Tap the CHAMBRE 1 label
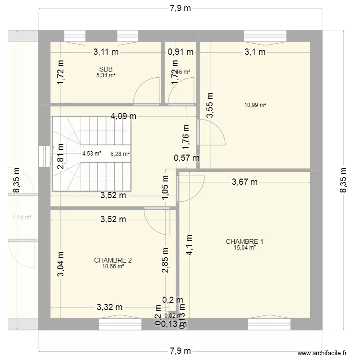[x=244, y=241]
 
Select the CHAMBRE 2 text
[x=113, y=260]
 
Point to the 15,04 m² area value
[x=244, y=248]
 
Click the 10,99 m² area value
[x=255, y=105]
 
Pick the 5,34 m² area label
[x=106, y=75]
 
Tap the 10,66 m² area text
[x=113, y=266]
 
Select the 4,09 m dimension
[x=124, y=116]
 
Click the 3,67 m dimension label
[x=245, y=181]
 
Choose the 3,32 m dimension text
[x=110, y=307]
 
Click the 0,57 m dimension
[x=187, y=157]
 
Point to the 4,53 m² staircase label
[x=92, y=154]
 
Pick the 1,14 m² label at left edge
[x=21, y=217]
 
